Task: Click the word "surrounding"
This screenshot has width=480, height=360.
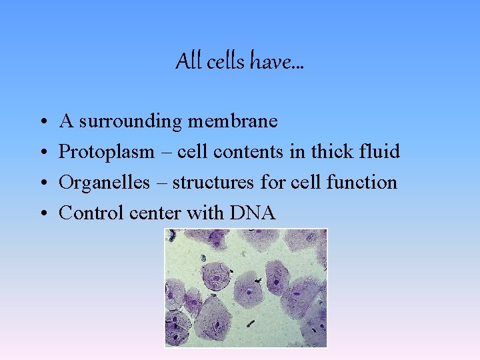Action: [x=129, y=121]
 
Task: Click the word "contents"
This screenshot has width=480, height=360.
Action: [x=253, y=152]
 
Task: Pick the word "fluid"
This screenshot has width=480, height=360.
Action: [x=379, y=152]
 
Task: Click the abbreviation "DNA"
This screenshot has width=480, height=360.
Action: [x=252, y=213]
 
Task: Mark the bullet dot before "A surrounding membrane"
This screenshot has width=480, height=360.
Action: [x=41, y=122]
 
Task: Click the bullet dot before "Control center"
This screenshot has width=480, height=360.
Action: [x=41, y=213]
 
